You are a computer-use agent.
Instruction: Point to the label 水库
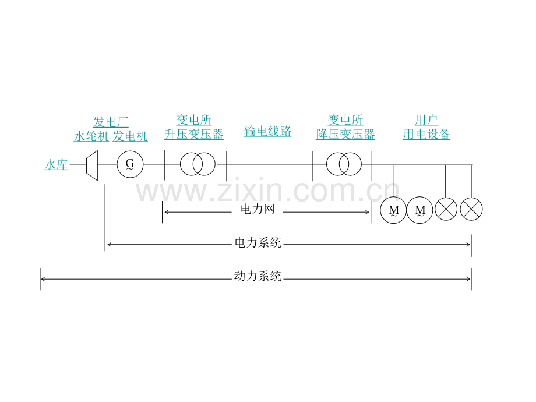coord(56,165)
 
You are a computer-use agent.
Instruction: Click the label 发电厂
coord(111,122)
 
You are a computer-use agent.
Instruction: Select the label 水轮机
coord(91,136)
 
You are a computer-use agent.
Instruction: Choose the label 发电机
coord(130,136)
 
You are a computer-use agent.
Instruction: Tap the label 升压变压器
coord(194,134)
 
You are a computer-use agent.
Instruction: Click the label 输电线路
coord(267,131)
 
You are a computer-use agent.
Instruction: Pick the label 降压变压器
coord(345,134)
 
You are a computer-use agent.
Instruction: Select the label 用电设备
coord(426,134)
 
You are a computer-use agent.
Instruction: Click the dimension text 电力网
coord(258,209)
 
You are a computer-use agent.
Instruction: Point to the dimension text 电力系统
coord(258,243)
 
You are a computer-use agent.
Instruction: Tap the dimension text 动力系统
coord(258,276)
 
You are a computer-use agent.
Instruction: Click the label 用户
coord(426,119)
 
